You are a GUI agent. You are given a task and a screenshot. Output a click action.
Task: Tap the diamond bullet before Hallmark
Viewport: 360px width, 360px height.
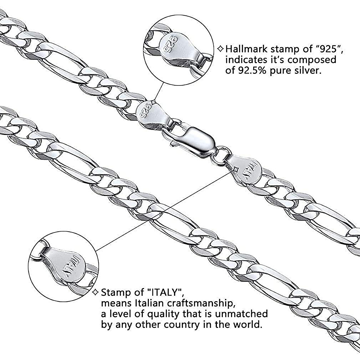[x=221, y=49]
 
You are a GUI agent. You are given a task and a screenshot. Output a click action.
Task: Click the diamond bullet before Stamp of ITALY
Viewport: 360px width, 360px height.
[x=96, y=292]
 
